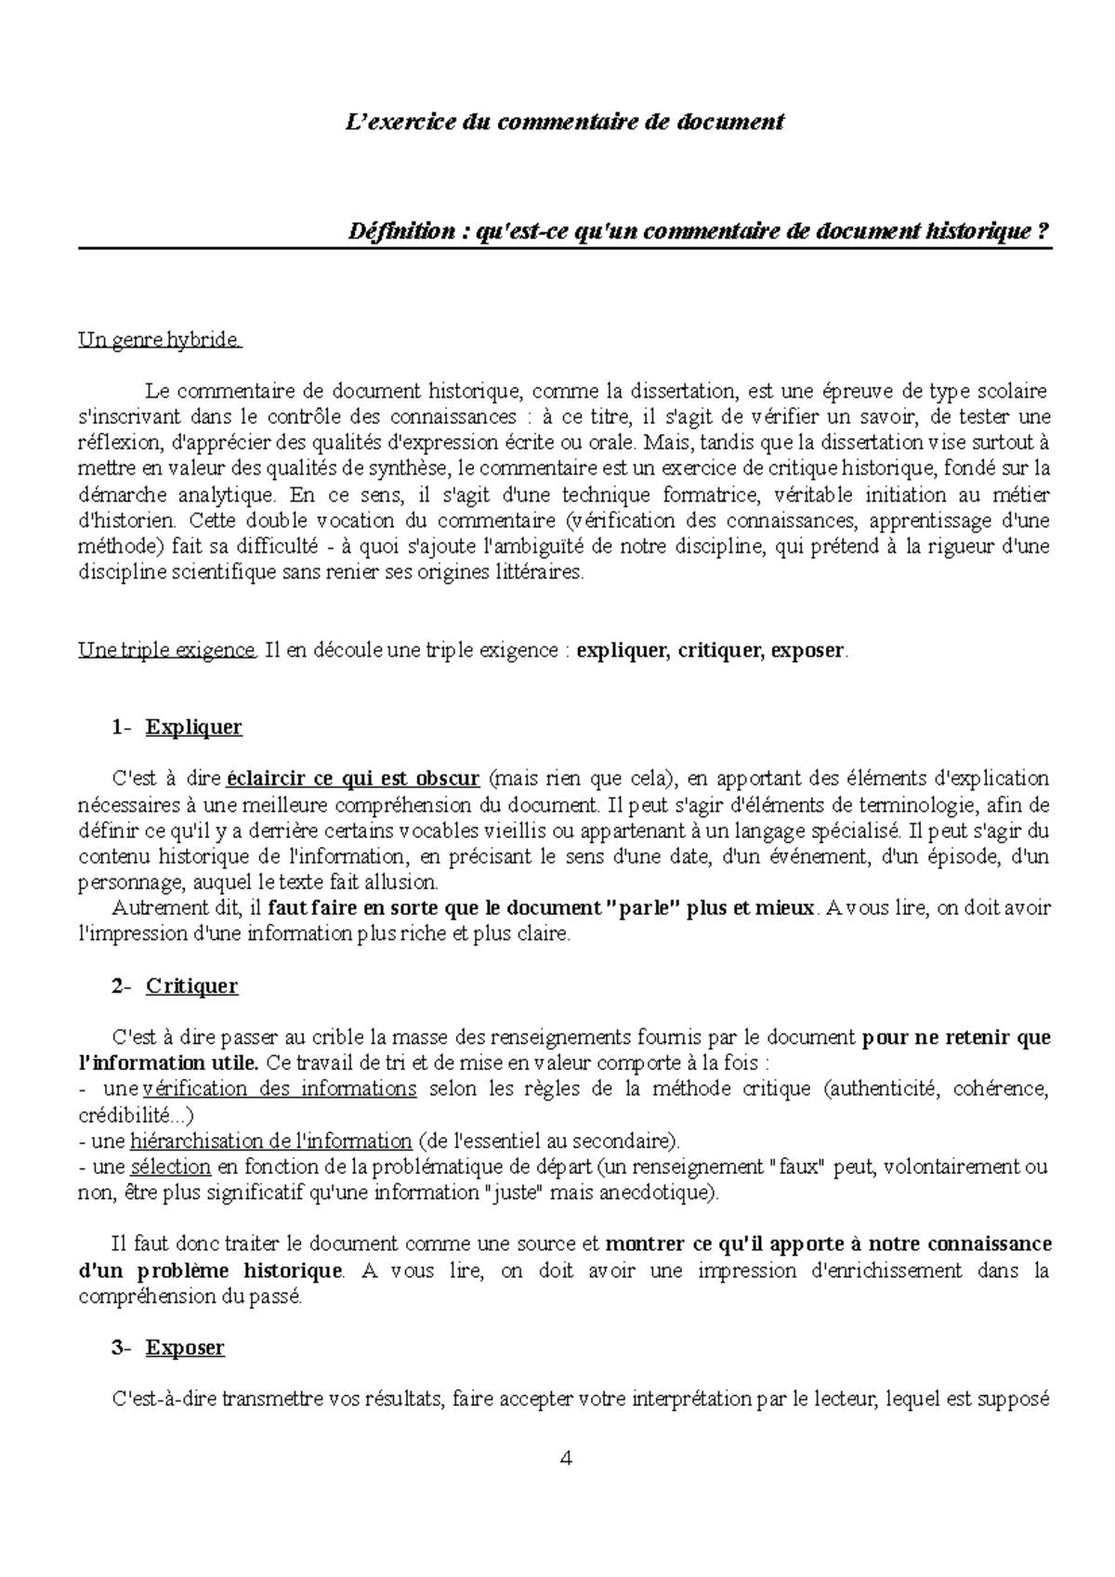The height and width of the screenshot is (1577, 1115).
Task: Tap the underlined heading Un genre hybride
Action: (160, 341)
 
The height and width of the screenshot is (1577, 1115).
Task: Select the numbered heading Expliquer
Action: (193, 727)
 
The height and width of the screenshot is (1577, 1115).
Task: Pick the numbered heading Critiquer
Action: (191, 986)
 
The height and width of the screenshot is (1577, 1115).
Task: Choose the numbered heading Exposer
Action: (185, 1347)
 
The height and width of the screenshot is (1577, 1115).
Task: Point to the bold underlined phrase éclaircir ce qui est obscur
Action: (353, 777)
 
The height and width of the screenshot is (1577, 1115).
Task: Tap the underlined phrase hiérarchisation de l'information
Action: (271, 1140)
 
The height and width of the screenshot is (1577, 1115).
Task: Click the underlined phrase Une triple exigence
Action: (165, 650)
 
